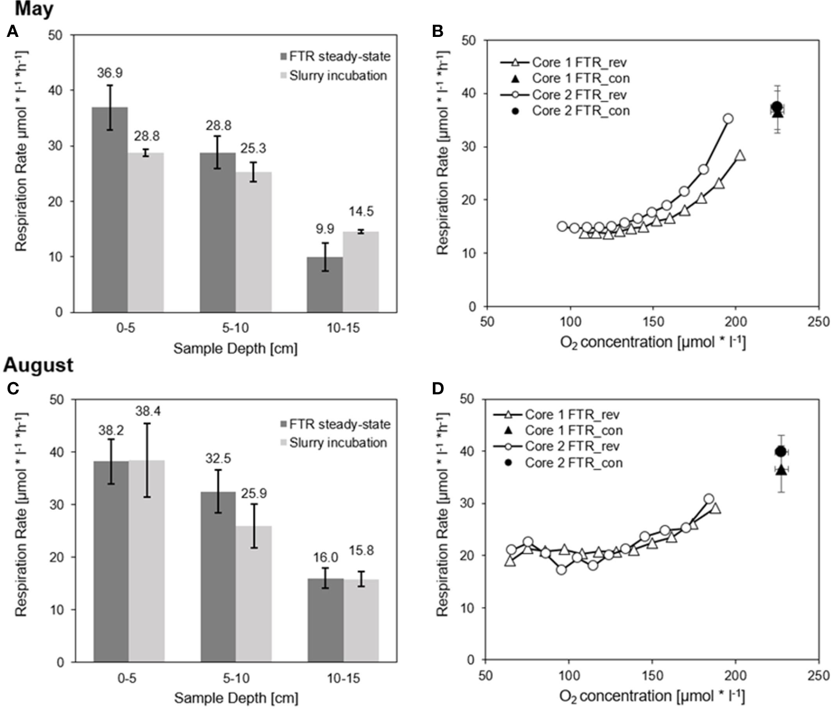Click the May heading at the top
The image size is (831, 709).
(x=34, y=9)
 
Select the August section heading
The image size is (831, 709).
(x=39, y=365)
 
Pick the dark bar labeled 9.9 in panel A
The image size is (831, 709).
(x=325, y=284)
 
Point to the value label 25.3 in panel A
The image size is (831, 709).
(x=253, y=149)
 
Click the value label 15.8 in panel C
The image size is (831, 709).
(x=361, y=551)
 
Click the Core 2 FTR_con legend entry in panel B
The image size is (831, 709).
(x=581, y=111)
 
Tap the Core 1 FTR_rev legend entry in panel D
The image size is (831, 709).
(x=572, y=415)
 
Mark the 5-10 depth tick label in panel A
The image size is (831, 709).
(x=235, y=328)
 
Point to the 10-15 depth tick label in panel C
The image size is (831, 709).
(x=342, y=679)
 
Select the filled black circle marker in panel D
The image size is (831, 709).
(x=781, y=451)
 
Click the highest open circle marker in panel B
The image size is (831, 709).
(x=728, y=119)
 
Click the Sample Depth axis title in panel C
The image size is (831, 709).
(x=236, y=698)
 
